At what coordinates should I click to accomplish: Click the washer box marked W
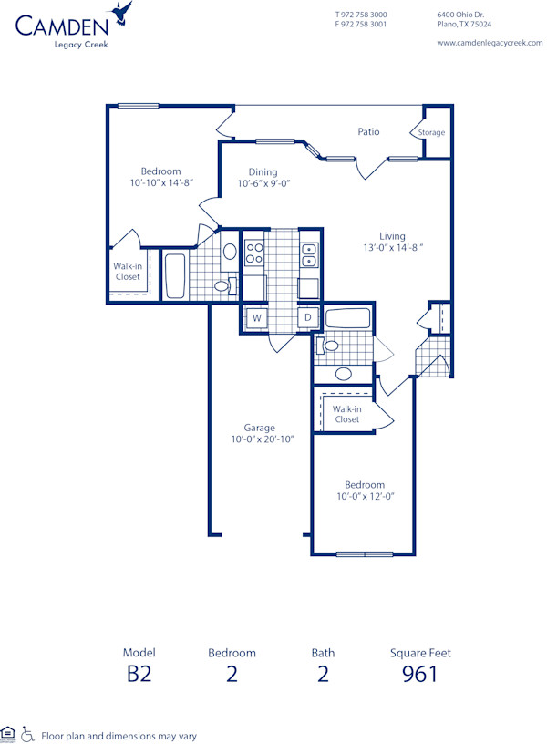(257, 318)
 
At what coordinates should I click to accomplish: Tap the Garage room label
(259, 428)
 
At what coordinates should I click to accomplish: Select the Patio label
(368, 132)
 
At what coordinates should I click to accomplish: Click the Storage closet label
(431, 133)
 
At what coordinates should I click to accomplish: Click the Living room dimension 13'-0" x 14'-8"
(393, 248)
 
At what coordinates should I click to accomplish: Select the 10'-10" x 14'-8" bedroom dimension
(160, 183)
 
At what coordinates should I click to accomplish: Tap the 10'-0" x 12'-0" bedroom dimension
(364, 497)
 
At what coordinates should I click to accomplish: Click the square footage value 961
(420, 674)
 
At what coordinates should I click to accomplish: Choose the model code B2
(139, 674)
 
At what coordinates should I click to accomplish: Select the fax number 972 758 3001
(366, 25)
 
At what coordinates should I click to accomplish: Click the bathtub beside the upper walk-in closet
(173, 274)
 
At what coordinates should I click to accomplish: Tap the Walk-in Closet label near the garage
(346, 415)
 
